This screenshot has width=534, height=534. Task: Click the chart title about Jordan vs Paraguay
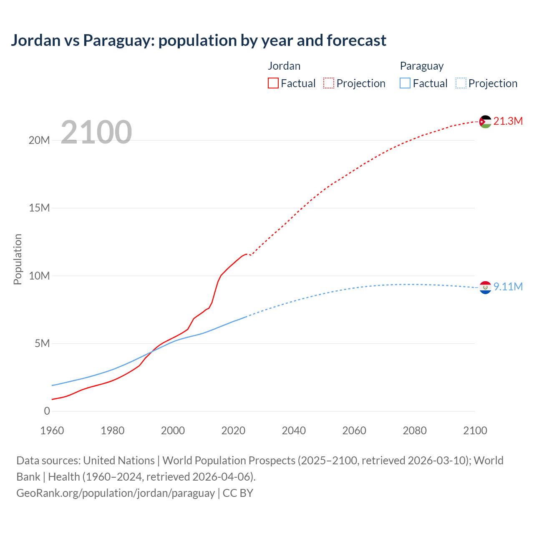199,40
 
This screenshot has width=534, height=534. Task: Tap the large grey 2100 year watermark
96,132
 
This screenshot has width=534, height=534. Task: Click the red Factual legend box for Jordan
273,83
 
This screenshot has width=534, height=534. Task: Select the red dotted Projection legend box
329,83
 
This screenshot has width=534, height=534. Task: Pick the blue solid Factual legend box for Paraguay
405,83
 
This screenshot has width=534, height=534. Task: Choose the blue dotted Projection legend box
461,83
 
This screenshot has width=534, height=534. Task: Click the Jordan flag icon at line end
485,121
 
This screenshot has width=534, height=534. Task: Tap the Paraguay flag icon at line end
485,287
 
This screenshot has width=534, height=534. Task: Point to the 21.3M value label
508,121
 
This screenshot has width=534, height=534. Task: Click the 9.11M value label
508,287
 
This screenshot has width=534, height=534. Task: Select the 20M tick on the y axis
39,140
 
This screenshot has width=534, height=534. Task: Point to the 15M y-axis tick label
39,208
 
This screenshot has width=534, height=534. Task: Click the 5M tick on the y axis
42,343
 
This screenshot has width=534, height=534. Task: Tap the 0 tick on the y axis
47,411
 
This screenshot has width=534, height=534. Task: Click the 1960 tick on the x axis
52,431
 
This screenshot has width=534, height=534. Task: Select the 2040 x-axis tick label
294,431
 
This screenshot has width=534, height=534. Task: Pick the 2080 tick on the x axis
415,431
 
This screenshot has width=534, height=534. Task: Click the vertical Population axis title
18,259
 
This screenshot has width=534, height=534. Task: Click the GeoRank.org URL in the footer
116,493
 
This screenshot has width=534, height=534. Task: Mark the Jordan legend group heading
284,66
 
